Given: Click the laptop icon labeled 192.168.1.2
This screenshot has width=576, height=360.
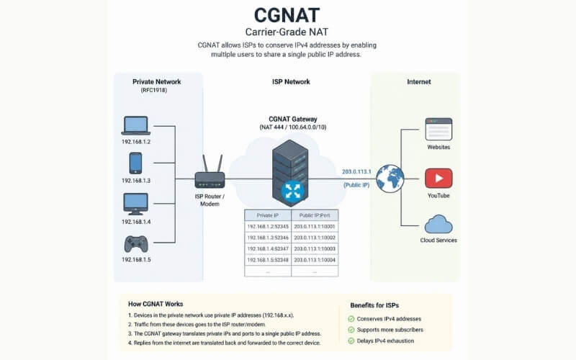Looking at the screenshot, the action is [136, 125].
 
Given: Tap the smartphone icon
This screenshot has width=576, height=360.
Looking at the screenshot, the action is [135, 163].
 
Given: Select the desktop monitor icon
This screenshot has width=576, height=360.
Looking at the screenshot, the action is [135, 204].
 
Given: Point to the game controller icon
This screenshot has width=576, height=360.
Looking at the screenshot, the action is [136, 244].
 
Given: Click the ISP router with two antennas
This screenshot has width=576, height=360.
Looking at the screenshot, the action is [210, 172].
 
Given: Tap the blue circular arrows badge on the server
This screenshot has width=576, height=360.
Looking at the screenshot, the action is [293, 192].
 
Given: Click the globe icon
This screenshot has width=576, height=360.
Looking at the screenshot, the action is [390, 179].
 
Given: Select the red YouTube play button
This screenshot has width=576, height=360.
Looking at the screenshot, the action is [438, 178].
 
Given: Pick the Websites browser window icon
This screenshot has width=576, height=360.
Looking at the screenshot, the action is [438, 129].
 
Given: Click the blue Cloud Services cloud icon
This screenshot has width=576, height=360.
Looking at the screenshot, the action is [438, 225].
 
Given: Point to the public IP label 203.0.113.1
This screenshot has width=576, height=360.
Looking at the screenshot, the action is [356, 171].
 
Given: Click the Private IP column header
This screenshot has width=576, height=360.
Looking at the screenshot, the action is [268, 215].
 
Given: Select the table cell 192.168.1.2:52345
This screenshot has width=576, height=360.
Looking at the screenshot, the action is [268, 227].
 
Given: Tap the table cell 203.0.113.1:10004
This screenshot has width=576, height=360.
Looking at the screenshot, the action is [315, 260].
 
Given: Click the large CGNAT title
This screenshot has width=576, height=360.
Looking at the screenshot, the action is [287, 15].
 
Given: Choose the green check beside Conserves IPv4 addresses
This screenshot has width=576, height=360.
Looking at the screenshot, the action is [351, 319].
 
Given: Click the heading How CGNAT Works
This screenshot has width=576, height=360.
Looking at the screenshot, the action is [156, 304].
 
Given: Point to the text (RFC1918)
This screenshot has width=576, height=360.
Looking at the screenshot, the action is [154, 91].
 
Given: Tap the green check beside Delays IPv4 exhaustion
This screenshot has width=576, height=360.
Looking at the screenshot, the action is [351, 341].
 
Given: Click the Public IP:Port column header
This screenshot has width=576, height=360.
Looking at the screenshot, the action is [315, 215].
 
